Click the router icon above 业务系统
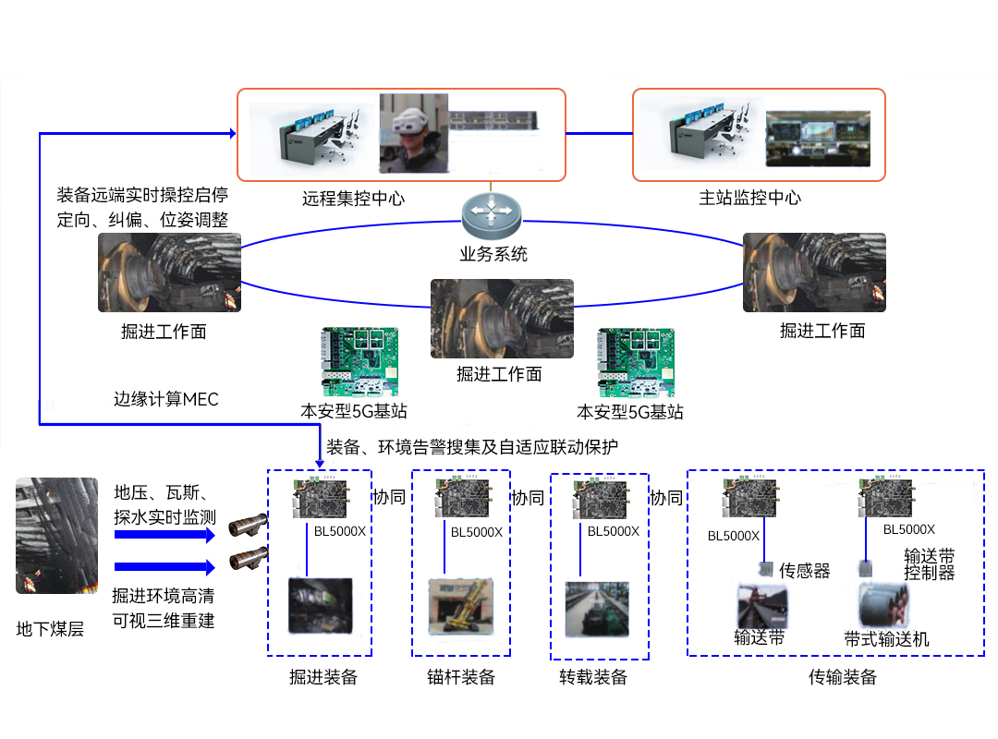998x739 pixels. point(492,215)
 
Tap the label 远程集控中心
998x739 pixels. point(353,199)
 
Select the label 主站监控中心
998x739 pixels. point(749,198)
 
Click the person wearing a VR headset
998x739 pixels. point(414,133)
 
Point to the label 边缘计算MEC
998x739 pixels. point(166,399)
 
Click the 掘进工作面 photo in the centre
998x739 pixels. point(502,319)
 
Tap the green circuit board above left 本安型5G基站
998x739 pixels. point(359,361)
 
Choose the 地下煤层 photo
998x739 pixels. point(56,536)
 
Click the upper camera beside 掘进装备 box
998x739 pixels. point(249,525)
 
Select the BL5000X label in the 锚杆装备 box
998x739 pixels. point(477,532)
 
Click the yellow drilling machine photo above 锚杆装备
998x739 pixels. point(461,606)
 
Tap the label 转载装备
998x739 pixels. point(593,676)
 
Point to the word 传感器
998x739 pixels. point(805,570)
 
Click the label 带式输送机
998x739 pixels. point(886,638)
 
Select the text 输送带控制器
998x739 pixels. point(930,564)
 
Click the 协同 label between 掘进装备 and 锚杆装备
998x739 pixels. point(389,497)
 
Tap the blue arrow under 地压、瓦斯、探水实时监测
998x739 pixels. point(164,535)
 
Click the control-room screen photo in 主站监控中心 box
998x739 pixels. point(818,139)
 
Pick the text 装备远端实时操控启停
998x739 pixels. point(142,195)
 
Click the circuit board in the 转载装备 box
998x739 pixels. point(601,499)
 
